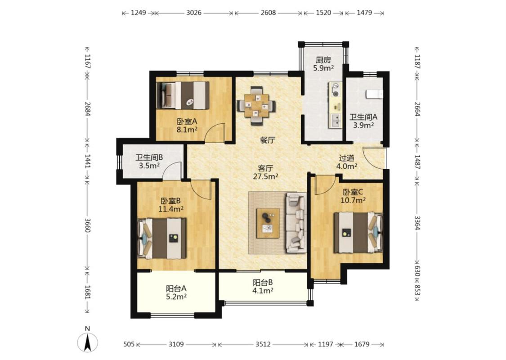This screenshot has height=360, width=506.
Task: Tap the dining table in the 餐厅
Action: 256,105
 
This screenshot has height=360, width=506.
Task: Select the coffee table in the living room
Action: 268,223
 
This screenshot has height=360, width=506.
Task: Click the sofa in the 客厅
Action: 296,223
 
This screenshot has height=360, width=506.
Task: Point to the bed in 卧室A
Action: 183,95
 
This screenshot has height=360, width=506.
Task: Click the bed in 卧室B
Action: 162,238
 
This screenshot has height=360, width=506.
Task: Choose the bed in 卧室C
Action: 358,233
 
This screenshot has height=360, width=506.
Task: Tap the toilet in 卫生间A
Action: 374,94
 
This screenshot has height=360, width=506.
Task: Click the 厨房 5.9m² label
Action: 323,64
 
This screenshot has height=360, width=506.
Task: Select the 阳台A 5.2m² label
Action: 176,292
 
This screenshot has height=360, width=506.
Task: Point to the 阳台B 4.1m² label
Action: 263,286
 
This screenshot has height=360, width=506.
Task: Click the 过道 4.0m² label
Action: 347,162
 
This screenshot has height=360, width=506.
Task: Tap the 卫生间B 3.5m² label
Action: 149,162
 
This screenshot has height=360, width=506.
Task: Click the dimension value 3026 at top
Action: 194,13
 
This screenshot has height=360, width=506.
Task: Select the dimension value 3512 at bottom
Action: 263,344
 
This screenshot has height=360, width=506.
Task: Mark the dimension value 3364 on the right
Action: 417,223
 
